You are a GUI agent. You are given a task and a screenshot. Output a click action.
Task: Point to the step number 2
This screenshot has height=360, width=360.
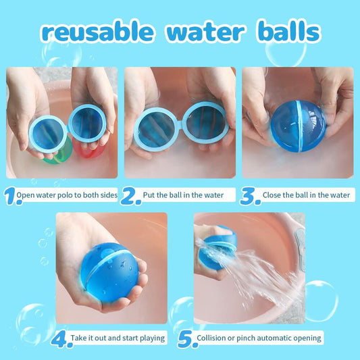[x=132, y=196]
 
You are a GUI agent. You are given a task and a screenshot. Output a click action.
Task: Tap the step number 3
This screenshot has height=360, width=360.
[x=251, y=196]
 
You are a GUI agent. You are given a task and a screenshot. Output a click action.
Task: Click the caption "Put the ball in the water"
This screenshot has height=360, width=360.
[x=189, y=195]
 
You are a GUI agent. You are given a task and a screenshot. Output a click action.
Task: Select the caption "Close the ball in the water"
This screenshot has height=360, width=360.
[x=307, y=195]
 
